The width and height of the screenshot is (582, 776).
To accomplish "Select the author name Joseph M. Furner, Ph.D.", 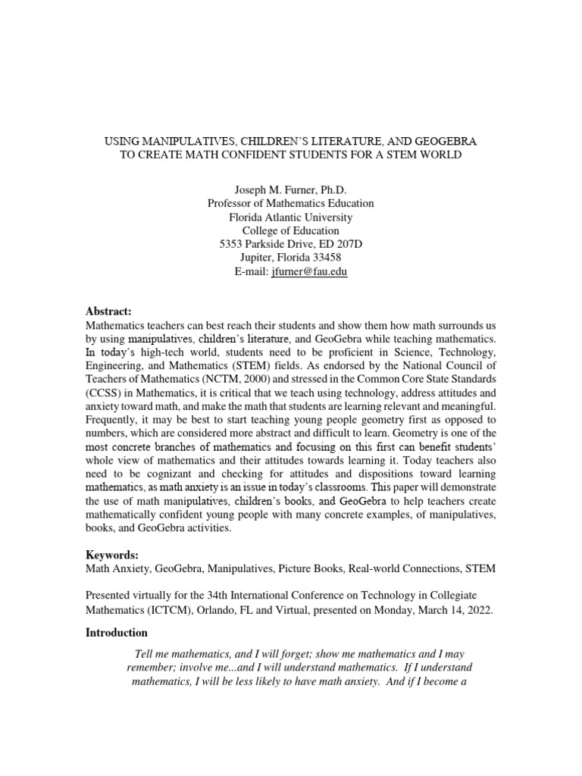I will [x=290, y=190].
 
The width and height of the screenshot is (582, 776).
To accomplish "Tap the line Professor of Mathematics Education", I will [x=290, y=204].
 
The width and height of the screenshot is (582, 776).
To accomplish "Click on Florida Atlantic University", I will [x=290, y=217].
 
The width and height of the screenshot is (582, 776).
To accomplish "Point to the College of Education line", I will [x=290, y=231].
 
